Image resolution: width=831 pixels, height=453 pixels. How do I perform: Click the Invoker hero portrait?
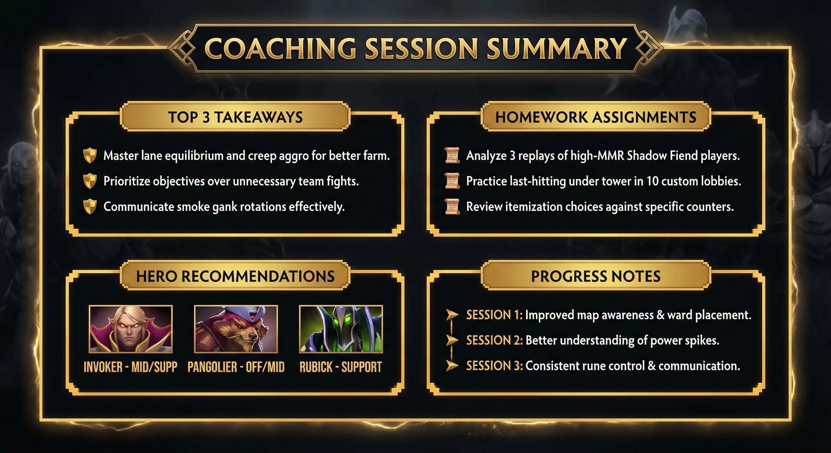[x=130, y=329]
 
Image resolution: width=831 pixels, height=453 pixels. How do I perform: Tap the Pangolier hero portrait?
[x=236, y=329]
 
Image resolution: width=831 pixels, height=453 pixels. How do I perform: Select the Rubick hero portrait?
[x=341, y=329]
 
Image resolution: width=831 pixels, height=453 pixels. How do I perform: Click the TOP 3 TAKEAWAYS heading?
[x=235, y=117]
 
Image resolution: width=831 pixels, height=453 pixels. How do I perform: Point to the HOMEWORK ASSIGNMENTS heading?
[x=596, y=117]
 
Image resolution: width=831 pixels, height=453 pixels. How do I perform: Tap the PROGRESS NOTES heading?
[x=596, y=276]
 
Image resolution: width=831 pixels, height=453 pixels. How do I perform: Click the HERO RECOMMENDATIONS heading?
[x=235, y=276]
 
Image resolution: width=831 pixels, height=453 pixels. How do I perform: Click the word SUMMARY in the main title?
[x=557, y=48]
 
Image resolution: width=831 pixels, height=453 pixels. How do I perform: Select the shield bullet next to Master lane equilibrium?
[x=90, y=155]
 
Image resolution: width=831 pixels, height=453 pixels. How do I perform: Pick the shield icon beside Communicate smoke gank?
[x=90, y=206]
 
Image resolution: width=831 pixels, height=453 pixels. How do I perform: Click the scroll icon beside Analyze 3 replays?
[x=452, y=155]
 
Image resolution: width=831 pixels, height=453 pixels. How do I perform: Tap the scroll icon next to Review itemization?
[x=452, y=206]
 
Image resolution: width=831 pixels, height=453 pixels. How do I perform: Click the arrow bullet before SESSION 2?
[x=452, y=340]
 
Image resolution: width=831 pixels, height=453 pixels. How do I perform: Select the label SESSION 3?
[x=494, y=366]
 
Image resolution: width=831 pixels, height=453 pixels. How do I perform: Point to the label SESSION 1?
[x=494, y=315]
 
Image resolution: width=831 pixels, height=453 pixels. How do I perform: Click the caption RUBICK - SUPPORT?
[x=341, y=367]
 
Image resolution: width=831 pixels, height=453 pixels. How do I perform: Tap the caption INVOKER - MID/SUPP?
[x=130, y=367]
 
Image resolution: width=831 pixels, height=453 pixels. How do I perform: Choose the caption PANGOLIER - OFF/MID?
[x=236, y=367]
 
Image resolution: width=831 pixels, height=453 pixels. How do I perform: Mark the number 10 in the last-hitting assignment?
[x=652, y=181]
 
